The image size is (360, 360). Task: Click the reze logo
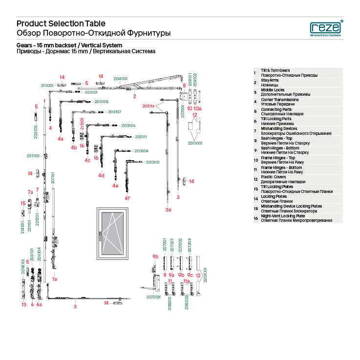pyautogui.click(x=326, y=28)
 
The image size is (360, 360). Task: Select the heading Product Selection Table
pyautogui.click(x=61, y=23)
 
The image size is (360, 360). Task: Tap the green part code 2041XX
pyautogui.click(x=121, y=78)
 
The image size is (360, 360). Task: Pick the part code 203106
pyautogui.click(x=128, y=126)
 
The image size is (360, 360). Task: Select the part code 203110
pyautogui.click(x=152, y=162)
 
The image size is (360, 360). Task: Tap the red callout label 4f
pyautogui.click(x=127, y=198)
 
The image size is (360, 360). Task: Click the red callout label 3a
pyautogui.click(x=168, y=210)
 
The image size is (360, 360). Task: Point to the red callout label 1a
pyautogui.click(x=55, y=279)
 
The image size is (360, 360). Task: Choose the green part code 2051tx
pyautogui.click(x=148, y=106)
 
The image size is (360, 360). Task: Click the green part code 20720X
pyautogui.click(x=153, y=297)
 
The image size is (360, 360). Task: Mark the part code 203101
pyautogui.click(x=91, y=92)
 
